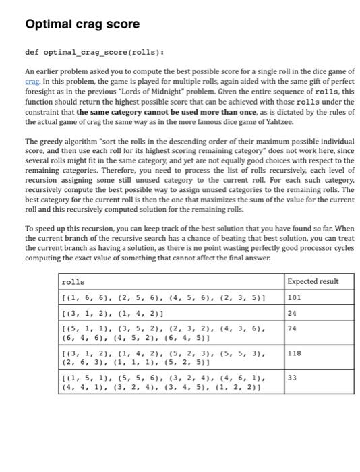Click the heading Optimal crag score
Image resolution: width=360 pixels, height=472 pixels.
click(x=82, y=24)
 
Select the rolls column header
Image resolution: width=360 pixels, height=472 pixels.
click(x=73, y=281)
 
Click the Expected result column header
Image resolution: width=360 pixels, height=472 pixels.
click(x=313, y=281)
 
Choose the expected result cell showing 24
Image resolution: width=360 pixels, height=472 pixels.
click(x=292, y=312)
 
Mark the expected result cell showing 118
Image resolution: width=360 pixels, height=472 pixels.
click(x=294, y=353)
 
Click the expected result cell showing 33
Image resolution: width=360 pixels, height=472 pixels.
click(x=292, y=378)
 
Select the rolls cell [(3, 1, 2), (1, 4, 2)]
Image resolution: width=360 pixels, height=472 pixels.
click(x=117, y=312)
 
